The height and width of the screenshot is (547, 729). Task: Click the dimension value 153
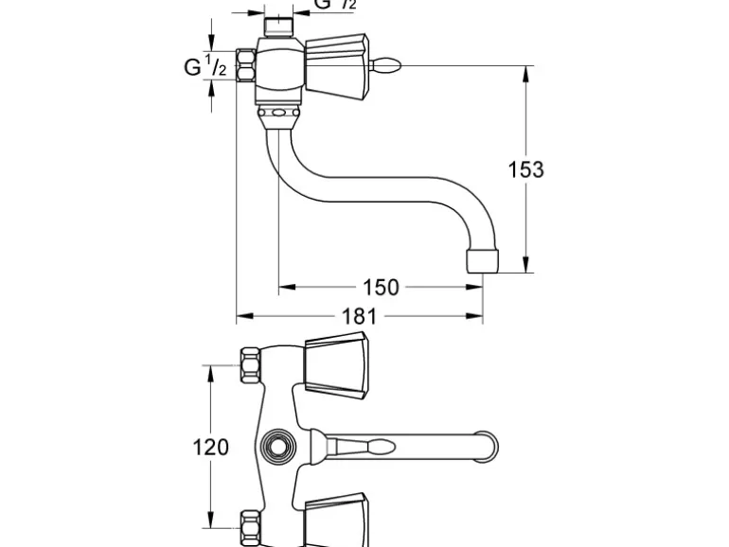pos(526,170)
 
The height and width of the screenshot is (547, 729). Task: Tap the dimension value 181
pos(360,316)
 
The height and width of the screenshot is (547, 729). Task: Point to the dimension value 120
pos(211,446)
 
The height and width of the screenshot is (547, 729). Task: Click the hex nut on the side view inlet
pos(245,66)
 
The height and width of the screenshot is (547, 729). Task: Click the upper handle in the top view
pos(336,363)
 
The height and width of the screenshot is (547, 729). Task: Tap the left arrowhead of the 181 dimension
pos(241,316)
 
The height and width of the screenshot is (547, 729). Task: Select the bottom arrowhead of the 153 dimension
pos(526,268)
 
